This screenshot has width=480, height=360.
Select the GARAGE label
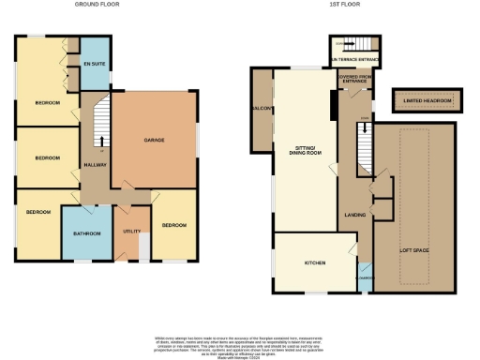click(x=155, y=140)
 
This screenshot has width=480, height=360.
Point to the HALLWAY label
click(x=95, y=166)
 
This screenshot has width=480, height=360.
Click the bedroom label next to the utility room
click(x=173, y=226)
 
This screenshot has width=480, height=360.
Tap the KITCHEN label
click(x=314, y=263)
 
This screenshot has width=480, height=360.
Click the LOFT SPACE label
click(x=413, y=251)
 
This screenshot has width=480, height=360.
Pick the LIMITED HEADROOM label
click(x=422, y=100)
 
